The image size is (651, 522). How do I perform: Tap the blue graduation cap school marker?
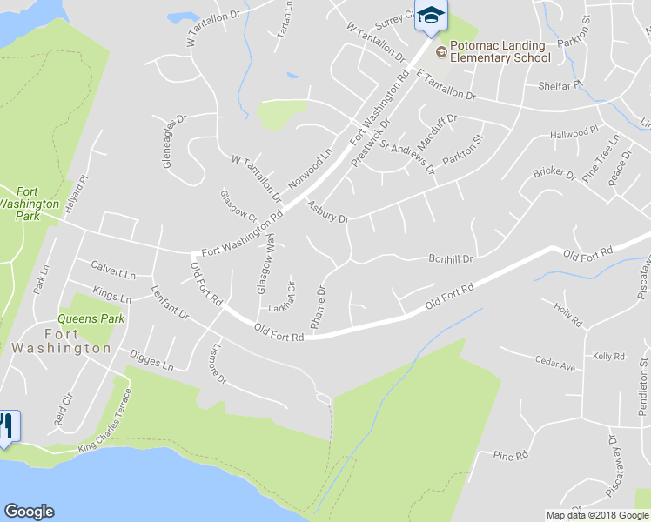coord(431,16)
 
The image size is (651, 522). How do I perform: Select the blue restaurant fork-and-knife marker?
coord(7,426)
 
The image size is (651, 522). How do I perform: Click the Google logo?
coord(29,512)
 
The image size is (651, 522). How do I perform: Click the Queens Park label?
coord(91,318)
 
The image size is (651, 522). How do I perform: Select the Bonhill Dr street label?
coord(450,258)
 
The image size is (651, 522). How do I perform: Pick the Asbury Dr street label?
coord(327,211)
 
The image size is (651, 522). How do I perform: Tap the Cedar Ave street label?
coord(555,365)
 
